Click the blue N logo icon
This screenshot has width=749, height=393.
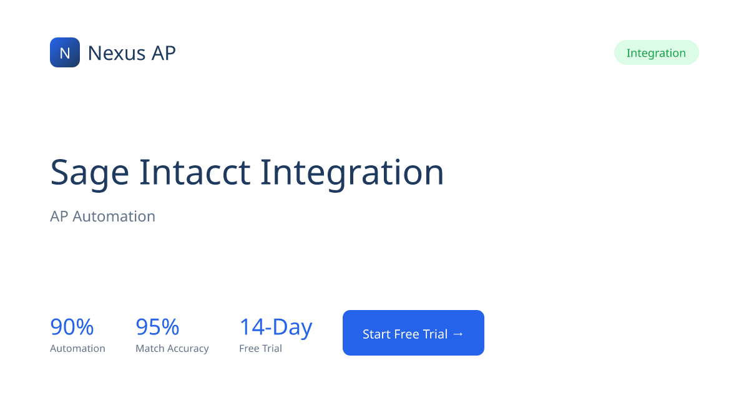point(65,52)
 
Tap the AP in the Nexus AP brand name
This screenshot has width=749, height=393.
point(164,53)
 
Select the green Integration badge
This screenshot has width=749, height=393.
point(656,53)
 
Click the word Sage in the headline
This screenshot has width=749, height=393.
point(90,173)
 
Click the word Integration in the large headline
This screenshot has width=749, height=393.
point(352,173)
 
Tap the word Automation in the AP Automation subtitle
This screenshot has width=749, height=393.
point(114,216)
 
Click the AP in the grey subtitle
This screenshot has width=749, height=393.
point(59,216)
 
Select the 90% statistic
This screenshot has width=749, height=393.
point(72,327)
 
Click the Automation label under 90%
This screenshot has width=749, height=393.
point(77,349)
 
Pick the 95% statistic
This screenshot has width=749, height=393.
point(157,327)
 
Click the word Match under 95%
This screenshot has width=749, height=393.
point(150,349)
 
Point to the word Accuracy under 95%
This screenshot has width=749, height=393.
point(188,349)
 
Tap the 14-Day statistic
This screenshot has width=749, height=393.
point(276,327)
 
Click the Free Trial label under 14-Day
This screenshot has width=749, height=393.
point(260,349)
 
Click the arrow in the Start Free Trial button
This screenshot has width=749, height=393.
point(458,334)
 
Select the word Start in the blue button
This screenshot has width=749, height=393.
point(376,334)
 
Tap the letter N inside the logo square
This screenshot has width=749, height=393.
point(65,53)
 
